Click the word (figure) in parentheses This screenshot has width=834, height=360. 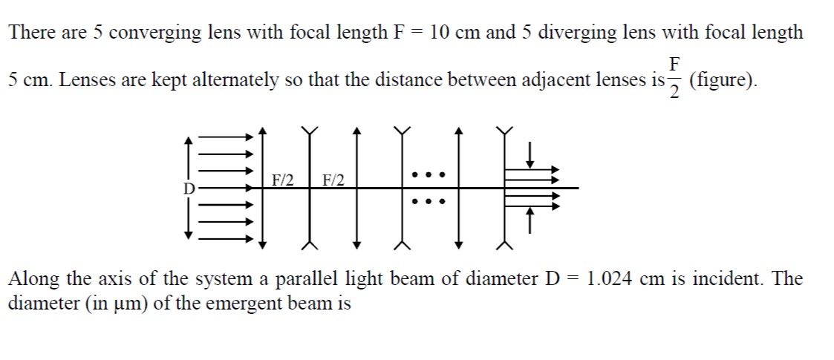pyautogui.click(x=723, y=81)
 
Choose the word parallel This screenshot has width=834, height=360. pyautogui.click(x=305, y=278)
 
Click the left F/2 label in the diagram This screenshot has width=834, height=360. pyautogui.click(x=283, y=180)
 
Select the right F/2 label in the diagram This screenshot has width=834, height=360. pyautogui.click(x=333, y=180)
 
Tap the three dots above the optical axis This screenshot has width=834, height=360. pyautogui.click(x=428, y=174)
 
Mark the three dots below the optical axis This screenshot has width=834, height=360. pyautogui.click(x=428, y=202)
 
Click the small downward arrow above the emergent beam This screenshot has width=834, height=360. pyautogui.click(x=529, y=153)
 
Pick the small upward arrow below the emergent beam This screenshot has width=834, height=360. pyautogui.click(x=529, y=220)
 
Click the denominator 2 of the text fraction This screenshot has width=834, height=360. pyautogui.click(x=674, y=92)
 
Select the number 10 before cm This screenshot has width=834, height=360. pyautogui.click(x=440, y=33)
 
